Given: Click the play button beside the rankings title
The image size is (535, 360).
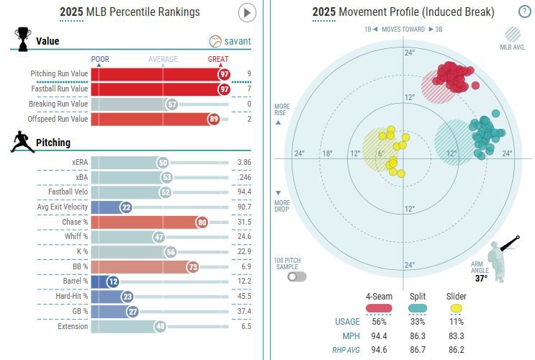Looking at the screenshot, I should (247, 12).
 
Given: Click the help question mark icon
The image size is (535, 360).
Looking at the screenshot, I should (525, 12).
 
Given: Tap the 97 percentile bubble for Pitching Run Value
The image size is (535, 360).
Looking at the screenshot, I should (225, 73).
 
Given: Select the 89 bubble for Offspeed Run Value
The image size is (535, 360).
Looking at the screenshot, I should (213, 119).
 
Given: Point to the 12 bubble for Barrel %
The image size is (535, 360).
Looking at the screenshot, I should (113, 282).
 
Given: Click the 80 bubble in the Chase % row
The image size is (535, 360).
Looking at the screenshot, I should (202, 222).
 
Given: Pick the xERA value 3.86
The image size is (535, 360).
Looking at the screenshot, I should (243, 163).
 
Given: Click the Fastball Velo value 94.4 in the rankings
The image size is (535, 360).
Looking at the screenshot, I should (243, 192).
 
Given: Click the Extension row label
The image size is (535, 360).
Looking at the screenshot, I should (72, 326).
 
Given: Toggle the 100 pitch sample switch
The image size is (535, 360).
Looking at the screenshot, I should (296, 276).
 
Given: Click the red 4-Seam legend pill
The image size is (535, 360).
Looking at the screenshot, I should (379, 308).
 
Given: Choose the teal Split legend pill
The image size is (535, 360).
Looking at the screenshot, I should (418, 308).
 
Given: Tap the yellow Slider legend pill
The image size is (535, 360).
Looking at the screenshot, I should (457, 308).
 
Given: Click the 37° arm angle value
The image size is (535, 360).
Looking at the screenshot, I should (481, 277).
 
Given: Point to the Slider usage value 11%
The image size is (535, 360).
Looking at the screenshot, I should (457, 321).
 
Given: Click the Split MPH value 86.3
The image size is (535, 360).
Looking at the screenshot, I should (418, 336).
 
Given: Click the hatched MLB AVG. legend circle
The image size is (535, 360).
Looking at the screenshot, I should (513, 34).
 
